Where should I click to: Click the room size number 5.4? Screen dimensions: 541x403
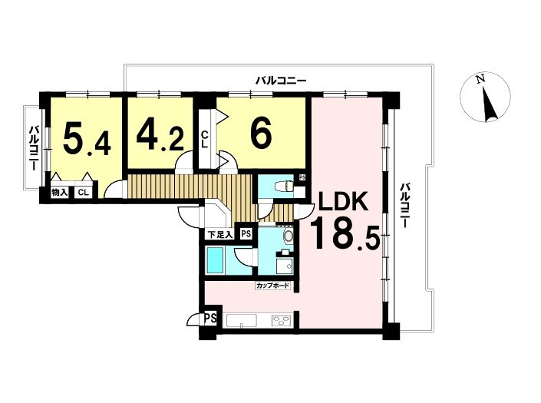[x=87, y=140]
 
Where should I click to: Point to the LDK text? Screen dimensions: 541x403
[x=342, y=201]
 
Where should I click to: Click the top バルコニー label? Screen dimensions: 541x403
[x=281, y=81]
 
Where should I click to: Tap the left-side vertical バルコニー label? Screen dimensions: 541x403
[x=34, y=148]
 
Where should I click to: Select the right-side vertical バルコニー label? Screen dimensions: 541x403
[x=404, y=205]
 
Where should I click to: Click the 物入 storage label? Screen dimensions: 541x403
[x=59, y=192]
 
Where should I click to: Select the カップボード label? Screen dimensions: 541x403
[x=272, y=286]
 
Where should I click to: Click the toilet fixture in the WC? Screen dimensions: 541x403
[x=284, y=187]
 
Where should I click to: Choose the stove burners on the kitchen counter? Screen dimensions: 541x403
[x=282, y=321]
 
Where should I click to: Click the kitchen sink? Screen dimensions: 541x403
[x=241, y=321]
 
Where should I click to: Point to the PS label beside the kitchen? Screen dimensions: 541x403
[x=211, y=318]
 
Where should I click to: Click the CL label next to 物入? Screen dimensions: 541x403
[x=83, y=193]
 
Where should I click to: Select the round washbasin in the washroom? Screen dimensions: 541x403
[x=288, y=236]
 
